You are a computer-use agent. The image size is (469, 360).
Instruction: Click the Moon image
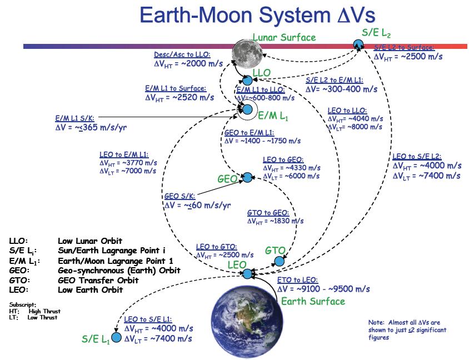(247, 54)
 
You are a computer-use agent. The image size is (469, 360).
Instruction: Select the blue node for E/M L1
(248, 109)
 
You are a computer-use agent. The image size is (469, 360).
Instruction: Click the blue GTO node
(280, 260)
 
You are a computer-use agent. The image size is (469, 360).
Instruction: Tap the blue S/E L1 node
(117, 337)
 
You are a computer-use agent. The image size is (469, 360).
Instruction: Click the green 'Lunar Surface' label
(283, 38)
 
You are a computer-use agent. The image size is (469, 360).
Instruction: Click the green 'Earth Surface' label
(313, 301)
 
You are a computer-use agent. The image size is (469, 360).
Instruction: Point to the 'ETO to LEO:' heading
(297, 279)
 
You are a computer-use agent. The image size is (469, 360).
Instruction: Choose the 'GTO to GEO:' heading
(268, 212)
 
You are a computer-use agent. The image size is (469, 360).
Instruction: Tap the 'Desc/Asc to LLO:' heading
(182, 55)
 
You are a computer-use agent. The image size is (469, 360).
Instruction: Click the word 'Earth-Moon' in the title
(189, 16)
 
